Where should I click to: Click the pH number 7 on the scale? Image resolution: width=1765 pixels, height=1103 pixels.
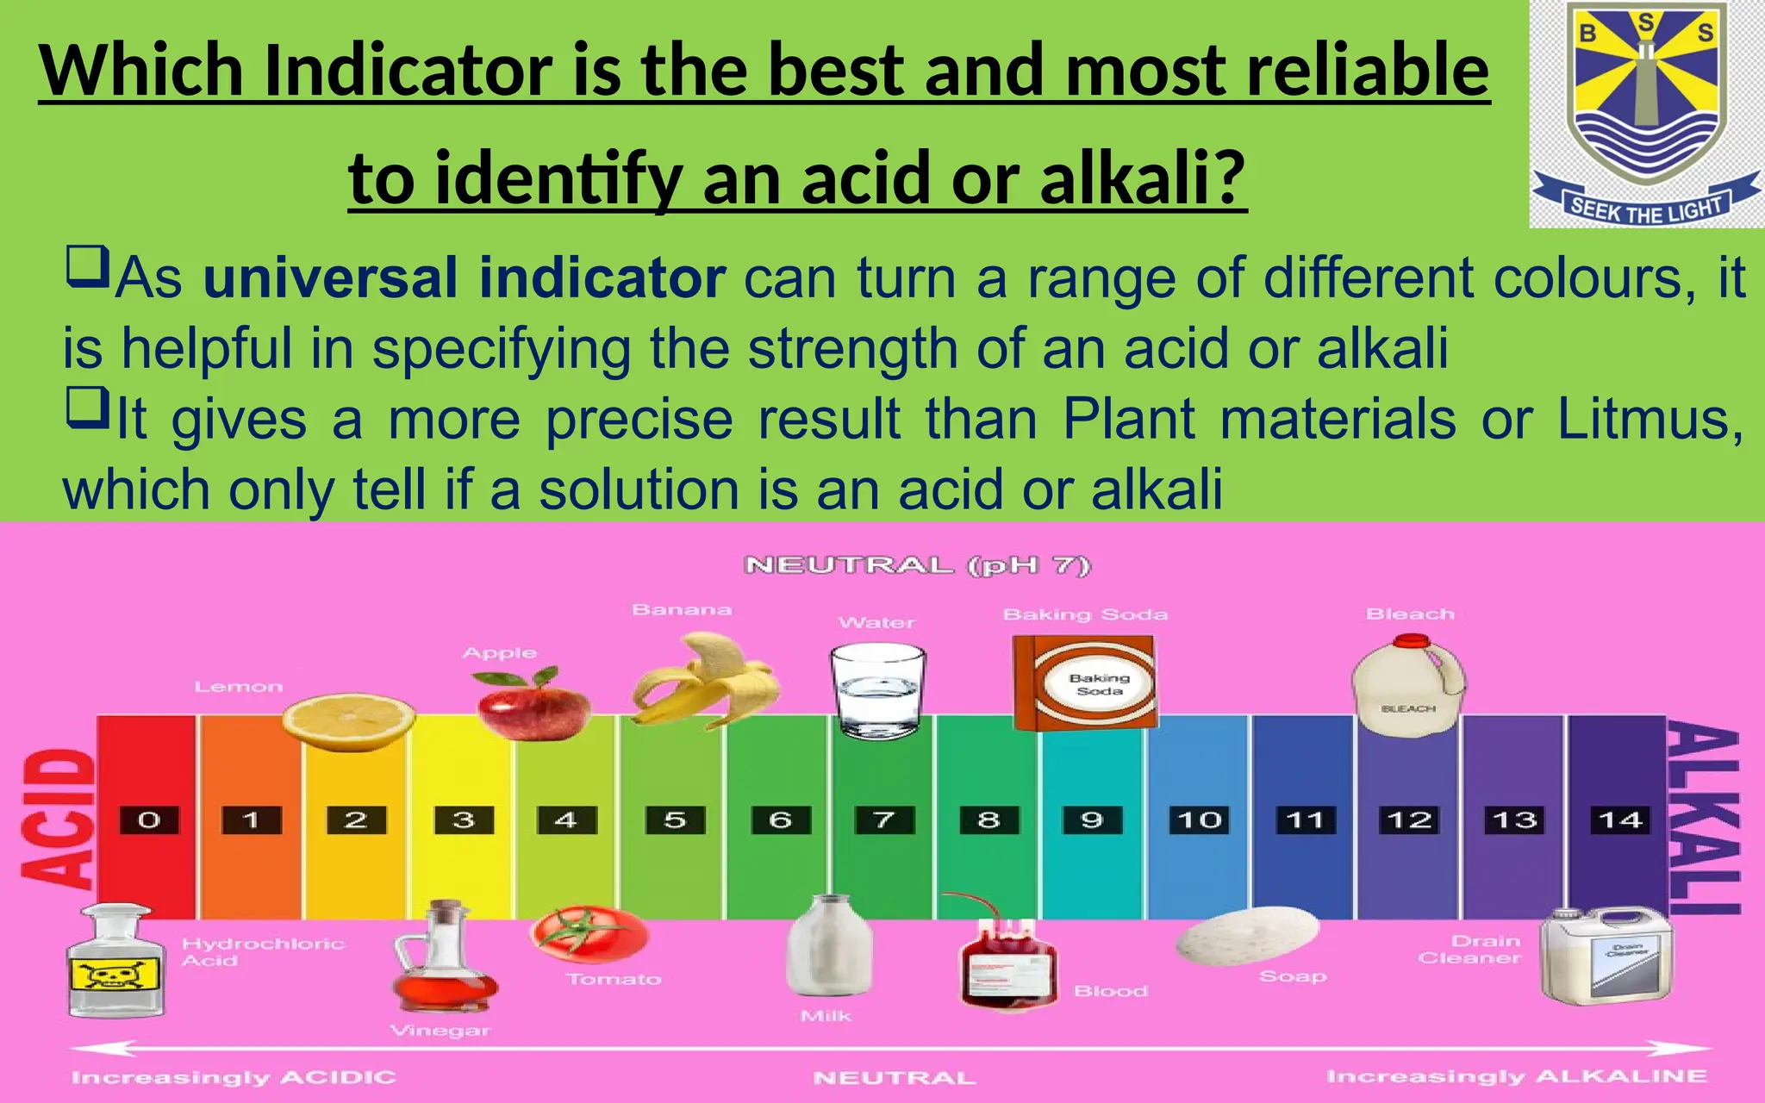tap(883, 819)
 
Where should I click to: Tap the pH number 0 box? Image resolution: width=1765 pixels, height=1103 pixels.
tap(149, 819)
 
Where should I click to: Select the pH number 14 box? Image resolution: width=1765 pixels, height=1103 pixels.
tap(1620, 819)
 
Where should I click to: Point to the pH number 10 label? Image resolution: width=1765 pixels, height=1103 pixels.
tap(1199, 819)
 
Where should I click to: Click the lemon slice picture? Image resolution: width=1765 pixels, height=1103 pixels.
tap(349, 719)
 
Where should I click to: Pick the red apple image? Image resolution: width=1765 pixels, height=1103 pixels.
tap(533, 701)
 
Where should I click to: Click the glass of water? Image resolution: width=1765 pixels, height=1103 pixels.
tap(878, 692)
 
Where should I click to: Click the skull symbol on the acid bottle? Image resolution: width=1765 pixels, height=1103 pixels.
tap(115, 975)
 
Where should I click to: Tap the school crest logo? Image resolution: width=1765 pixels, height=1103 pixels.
tap(1645, 112)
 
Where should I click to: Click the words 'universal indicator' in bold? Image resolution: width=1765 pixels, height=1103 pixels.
tap(465, 279)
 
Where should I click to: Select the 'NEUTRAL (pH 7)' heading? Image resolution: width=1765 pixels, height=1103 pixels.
tap(918, 566)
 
